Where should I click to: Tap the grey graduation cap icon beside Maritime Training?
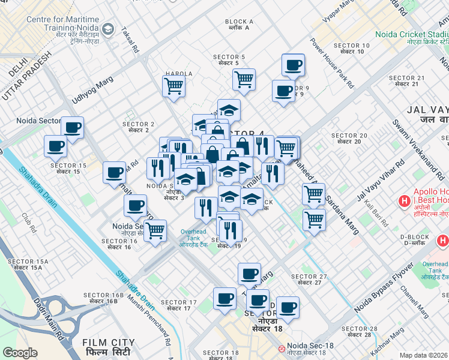107,28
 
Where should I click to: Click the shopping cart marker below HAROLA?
173,86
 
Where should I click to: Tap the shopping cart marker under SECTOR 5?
244,79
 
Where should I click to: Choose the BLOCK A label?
240,25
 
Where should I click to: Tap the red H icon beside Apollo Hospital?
406,201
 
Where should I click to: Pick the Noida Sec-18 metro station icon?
281,349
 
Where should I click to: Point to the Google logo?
20,353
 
